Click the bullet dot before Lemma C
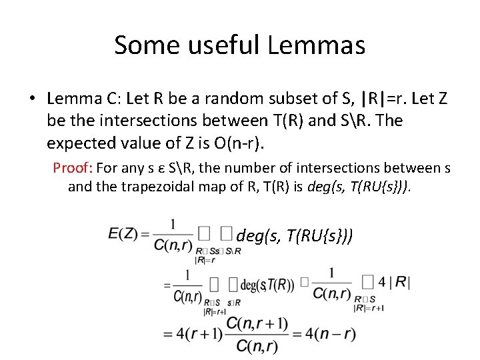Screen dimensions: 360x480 pos(32,99)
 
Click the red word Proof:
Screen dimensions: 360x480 pos(75,168)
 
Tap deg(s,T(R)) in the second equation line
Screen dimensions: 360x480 pos(267,285)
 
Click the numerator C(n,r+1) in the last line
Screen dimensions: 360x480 pos(257,324)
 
